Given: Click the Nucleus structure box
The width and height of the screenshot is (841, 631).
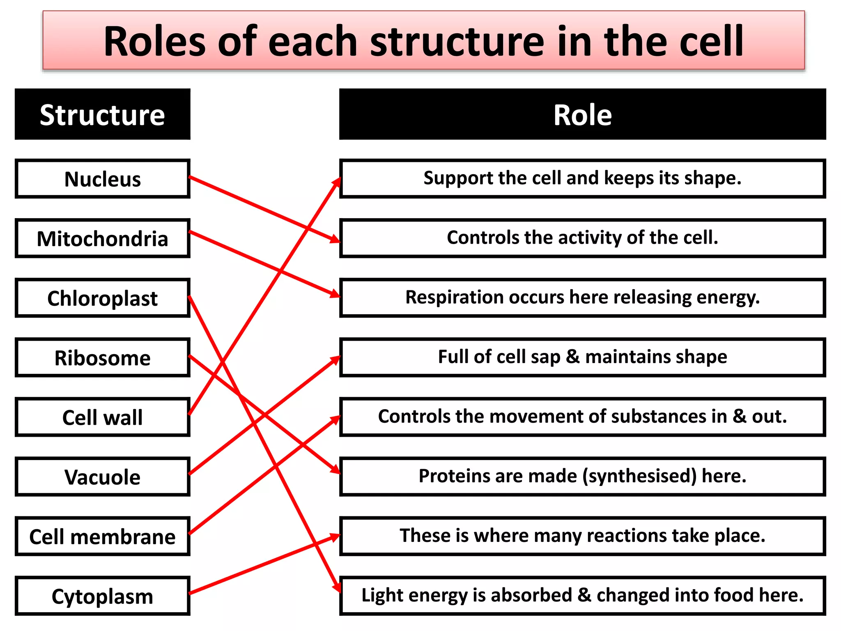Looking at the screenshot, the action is click(103, 179).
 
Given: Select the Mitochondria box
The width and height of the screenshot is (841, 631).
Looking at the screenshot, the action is click(103, 238).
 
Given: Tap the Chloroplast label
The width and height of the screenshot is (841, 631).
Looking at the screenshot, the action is click(103, 298).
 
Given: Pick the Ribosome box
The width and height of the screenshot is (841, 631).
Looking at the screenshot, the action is click(103, 357).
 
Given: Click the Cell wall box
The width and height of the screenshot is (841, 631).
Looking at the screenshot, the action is click(103, 417).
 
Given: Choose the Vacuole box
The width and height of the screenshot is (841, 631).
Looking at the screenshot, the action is click(103, 477).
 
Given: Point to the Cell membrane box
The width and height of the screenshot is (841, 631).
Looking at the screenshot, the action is click(103, 536).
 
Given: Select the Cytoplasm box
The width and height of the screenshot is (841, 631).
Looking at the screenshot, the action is click(103, 596).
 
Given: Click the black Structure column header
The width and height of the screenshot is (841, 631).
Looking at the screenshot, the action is click(103, 114).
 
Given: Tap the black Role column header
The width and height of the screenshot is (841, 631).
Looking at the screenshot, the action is click(583, 114).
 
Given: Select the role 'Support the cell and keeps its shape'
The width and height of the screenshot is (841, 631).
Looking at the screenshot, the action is click(583, 179).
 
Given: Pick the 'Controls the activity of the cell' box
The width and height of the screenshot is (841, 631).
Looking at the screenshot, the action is click(583, 238).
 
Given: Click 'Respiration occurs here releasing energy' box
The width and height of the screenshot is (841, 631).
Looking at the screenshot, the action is click(583, 298).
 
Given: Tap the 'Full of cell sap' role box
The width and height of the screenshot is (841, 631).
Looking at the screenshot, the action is click(583, 357).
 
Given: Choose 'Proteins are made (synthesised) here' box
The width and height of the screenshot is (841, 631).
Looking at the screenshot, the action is click(583, 477).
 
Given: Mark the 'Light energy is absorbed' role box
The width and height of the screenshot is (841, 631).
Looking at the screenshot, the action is click(583, 596).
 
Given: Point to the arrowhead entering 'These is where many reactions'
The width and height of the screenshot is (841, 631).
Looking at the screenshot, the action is click(335, 537).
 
